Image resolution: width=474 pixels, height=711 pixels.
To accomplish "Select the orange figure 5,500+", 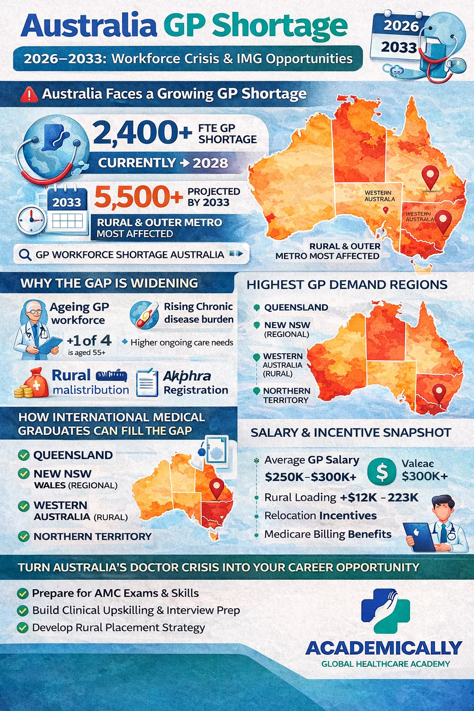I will (x=138, y=197).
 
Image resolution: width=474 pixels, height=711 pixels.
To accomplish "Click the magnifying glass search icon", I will (x=25, y=255).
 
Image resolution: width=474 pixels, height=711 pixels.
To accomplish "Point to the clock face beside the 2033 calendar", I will (x=31, y=219).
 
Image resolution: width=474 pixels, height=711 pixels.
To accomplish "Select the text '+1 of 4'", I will (x=89, y=341).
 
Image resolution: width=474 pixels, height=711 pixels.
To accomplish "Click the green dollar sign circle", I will (x=381, y=472).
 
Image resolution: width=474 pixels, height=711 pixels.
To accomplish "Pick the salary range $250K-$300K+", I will (x=311, y=477).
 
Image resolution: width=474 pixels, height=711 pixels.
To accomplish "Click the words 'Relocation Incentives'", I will (x=320, y=516).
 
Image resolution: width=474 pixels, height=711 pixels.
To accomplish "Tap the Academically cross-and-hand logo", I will (x=385, y=611).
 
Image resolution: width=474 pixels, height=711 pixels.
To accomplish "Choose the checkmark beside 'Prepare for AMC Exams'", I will (x=22, y=593).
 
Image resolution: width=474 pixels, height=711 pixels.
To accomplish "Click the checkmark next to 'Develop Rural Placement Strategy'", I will (x=22, y=628).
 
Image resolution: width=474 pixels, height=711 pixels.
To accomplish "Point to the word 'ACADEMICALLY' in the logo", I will (x=384, y=648).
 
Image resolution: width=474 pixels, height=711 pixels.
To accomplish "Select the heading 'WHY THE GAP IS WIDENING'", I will (x=109, y=283).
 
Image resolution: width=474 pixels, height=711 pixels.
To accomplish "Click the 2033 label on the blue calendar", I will (x=67, y=202).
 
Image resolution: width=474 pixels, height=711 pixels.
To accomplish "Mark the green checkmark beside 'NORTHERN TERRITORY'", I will (x=24, y=536).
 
